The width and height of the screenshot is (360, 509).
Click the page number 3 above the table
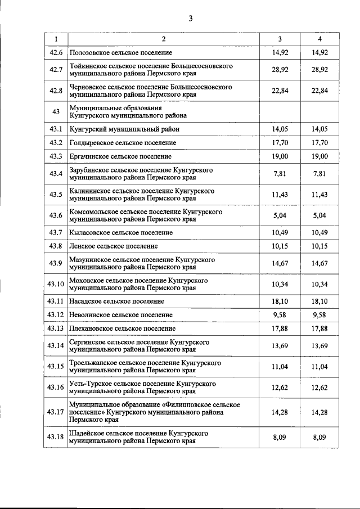(191, 18)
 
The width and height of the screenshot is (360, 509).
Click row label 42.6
(56, 52)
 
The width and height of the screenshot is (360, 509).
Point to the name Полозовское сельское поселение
(120, 52)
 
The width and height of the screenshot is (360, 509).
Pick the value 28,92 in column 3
(280, 70)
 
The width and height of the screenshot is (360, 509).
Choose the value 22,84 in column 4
(319, 91)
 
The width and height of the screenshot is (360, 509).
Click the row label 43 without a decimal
(56, 111)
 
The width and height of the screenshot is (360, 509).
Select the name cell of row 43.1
(124, 129)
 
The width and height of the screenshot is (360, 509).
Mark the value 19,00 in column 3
(280, 156)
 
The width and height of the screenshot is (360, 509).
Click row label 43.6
(56, 215)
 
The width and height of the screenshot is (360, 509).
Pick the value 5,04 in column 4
(319, 215)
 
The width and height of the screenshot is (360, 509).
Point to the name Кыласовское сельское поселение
(120, 233)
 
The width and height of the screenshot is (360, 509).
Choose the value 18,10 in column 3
(280, 301)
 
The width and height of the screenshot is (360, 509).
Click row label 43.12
(56, 315)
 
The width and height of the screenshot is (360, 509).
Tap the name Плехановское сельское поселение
(121, 328)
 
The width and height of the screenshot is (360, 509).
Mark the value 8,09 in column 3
(280, 437)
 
